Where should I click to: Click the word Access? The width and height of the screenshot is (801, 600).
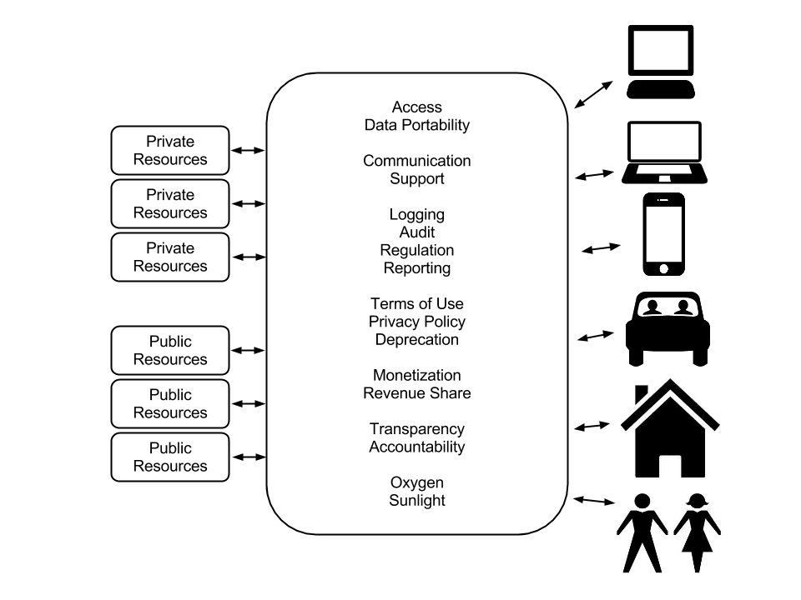(x=416, y=107)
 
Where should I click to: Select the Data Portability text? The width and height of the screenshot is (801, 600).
(x=416, y=125)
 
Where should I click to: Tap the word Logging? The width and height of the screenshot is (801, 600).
(x=416, y=215)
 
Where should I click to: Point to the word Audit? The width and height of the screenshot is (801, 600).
(x=416, y=232)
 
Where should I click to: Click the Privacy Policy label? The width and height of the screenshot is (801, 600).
(x=416, y=322)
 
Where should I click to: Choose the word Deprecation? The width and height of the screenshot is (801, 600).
(x=416, y=340)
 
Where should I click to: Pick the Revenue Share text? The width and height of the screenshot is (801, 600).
(x=416, y=393)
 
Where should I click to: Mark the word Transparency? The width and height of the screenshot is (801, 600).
(x=416, y=429)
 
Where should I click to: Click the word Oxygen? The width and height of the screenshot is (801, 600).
(x=416, y=482)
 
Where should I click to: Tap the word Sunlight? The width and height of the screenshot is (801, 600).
(x=416, y=501)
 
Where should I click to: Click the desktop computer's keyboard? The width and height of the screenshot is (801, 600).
(x=661, y=90)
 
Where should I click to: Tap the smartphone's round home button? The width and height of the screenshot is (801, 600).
(x=664, y=268)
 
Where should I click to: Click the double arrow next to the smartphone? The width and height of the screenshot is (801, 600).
(x=601, y=248)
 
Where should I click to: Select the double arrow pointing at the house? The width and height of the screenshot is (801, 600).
(x=592, y=426)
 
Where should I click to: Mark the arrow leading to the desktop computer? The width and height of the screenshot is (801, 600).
(x=593, y=94)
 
